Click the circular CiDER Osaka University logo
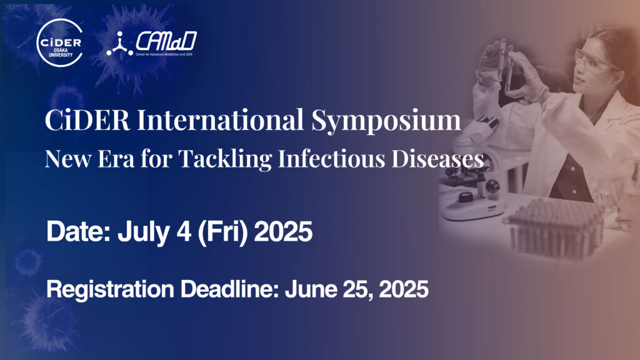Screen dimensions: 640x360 [59, 43]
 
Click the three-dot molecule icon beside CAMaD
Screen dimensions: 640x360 [119, 44]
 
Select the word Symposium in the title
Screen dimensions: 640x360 [386, 121]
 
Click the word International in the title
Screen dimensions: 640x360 [221, 119]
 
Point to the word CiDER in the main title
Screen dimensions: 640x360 [87, 119]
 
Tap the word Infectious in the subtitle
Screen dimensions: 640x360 [331, 158]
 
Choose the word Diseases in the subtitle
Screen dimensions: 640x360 [438, 158]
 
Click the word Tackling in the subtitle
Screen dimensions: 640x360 [225, 159]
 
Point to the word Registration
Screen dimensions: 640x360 [110, 290]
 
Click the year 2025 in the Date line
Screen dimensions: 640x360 [283, 232]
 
